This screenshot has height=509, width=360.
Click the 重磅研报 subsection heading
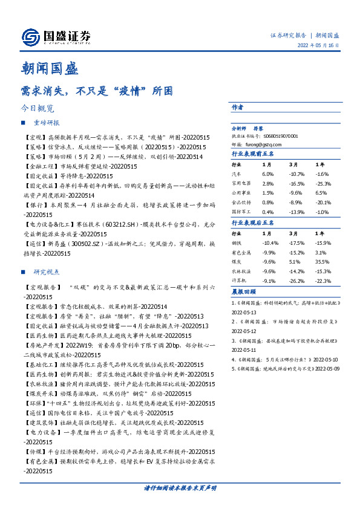click(x=47, y=123)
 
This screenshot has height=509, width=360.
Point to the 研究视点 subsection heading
click(x=47, y=272)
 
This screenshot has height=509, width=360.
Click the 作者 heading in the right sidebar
click(x=238, y=107)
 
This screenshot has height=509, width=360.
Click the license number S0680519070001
click(x=280, y=137)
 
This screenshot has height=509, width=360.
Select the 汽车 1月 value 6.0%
click(x=268, y=173)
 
